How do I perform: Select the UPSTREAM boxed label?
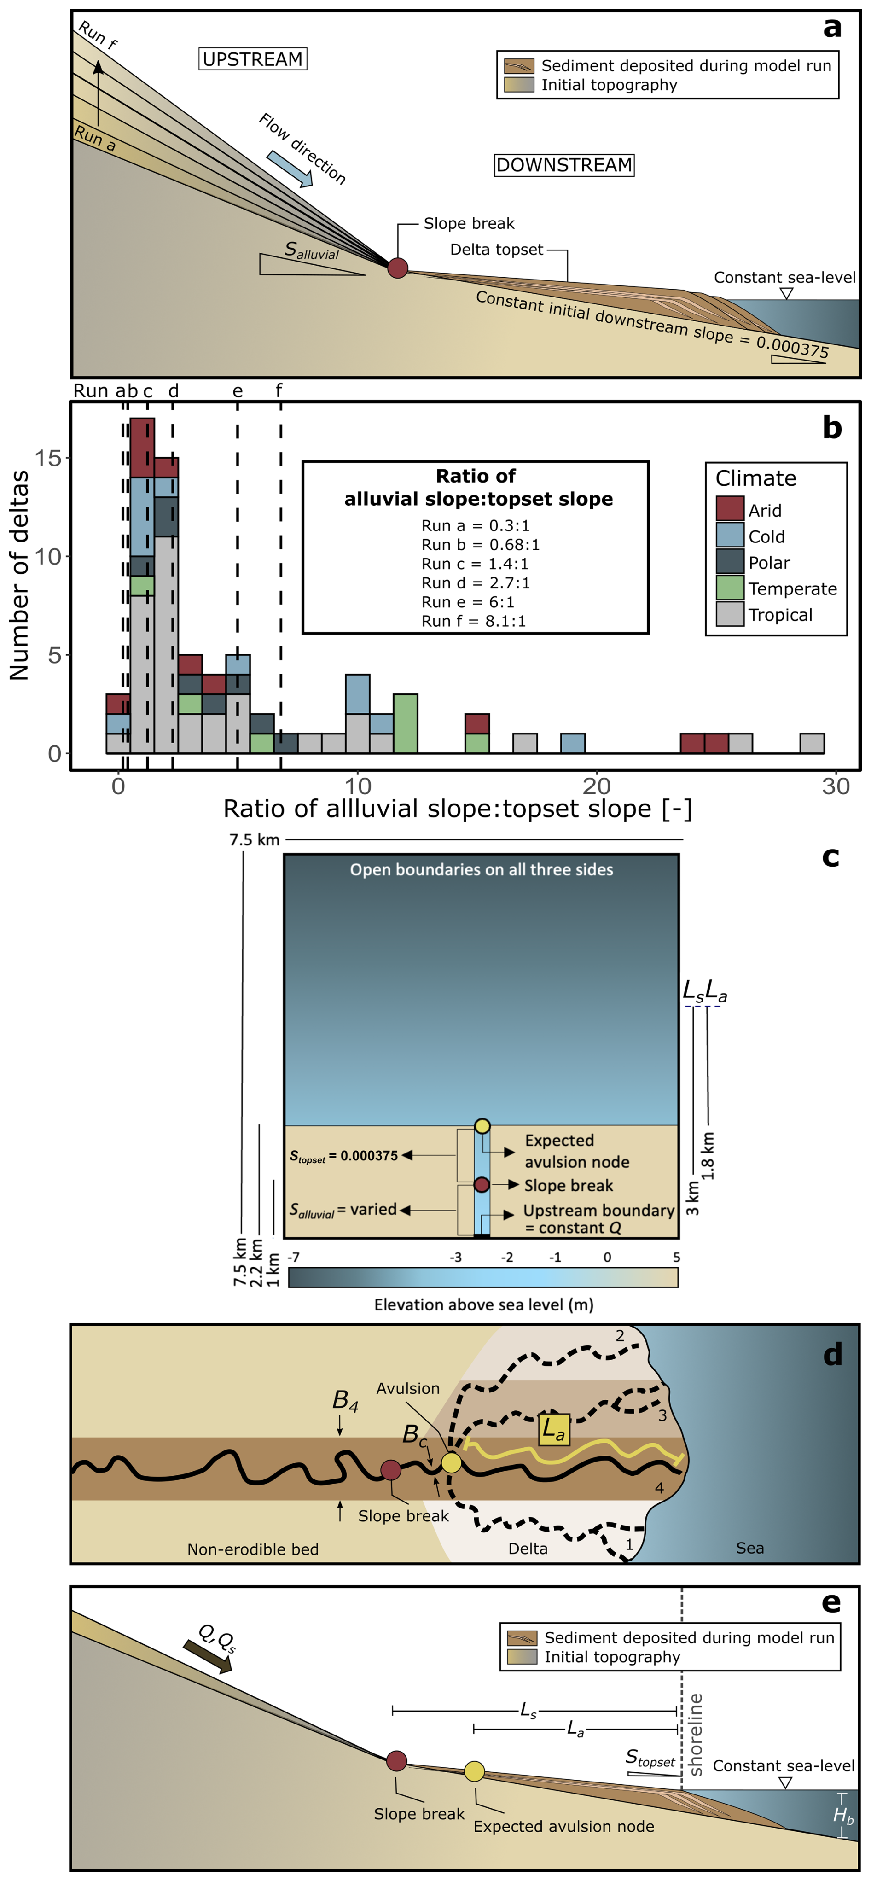coord(253,59)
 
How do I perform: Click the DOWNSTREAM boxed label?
coord(563,165)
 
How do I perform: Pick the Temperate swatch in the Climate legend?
coord(729,588)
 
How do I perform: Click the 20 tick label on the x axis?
coord(597,787)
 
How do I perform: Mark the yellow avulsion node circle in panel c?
coord(482,1125)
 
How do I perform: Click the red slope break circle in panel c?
coord(481,1184)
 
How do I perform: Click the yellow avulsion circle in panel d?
coord(451,1462)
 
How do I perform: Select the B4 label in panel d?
coord(345,1400)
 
